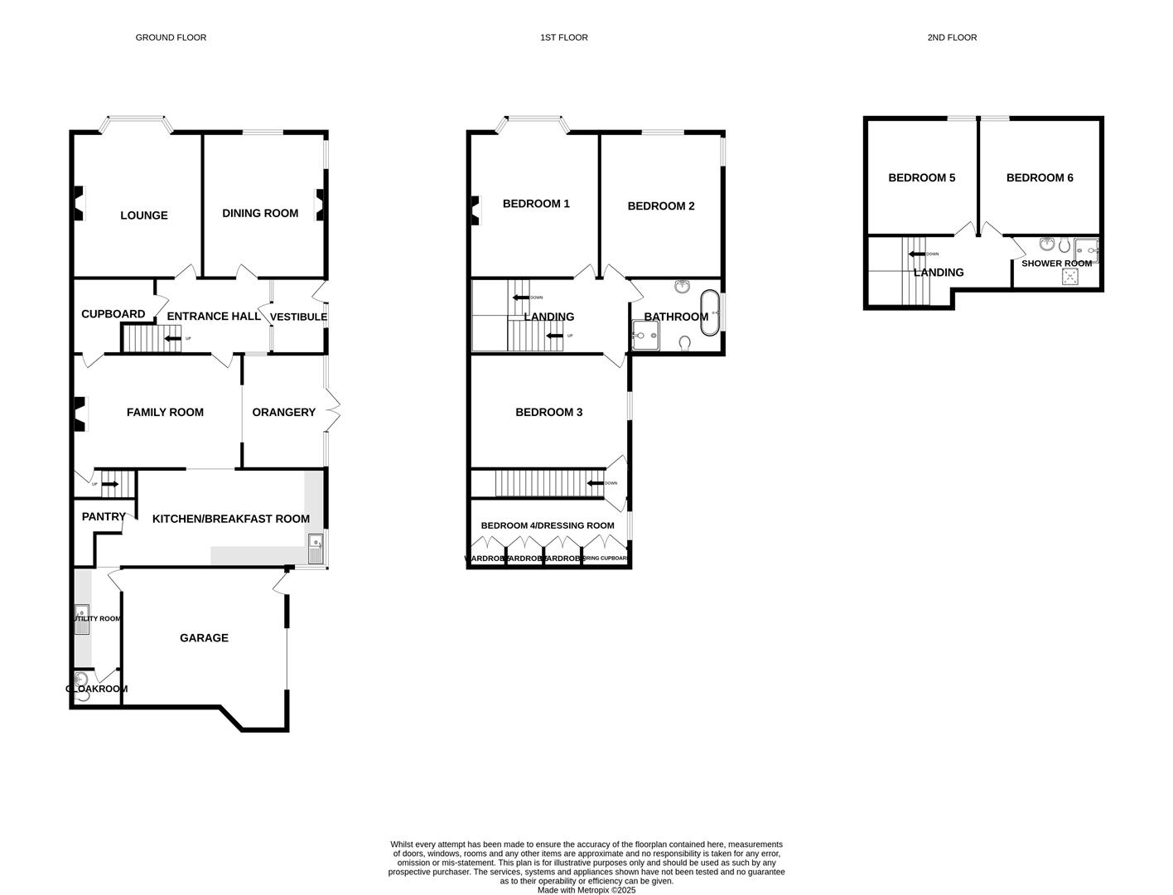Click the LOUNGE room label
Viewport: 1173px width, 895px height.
point(144,215)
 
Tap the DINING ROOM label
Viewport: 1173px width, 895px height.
point(260,213)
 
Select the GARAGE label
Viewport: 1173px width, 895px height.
point(204,638)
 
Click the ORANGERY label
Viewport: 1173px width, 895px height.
point(283,412)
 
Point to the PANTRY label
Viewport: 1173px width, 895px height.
point(104,516)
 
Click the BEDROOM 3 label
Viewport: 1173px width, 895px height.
point(548,412)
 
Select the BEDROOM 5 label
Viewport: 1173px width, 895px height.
point(921,177)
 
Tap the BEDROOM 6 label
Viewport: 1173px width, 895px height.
point(1040,177)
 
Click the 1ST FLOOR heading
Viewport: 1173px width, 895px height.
point(563,37)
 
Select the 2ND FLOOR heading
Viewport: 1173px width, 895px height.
point(952,37)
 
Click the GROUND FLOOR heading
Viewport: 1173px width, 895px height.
point(171,37)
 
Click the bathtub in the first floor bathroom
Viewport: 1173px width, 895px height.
point(710,313)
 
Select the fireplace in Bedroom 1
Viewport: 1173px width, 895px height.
point(475,210)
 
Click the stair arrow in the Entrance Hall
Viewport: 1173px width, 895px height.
point(172,338)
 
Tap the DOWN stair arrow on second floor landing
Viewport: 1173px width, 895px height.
point(916,254)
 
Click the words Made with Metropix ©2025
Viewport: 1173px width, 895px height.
point(586,890)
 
